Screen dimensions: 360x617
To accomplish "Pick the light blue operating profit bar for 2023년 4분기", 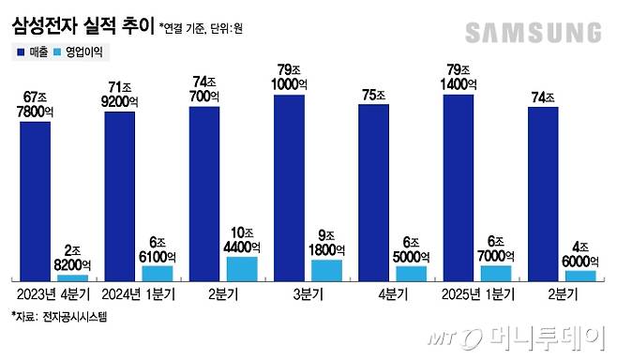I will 72,277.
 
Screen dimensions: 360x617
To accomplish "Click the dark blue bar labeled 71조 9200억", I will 119,191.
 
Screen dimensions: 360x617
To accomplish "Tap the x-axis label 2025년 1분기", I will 475,293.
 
